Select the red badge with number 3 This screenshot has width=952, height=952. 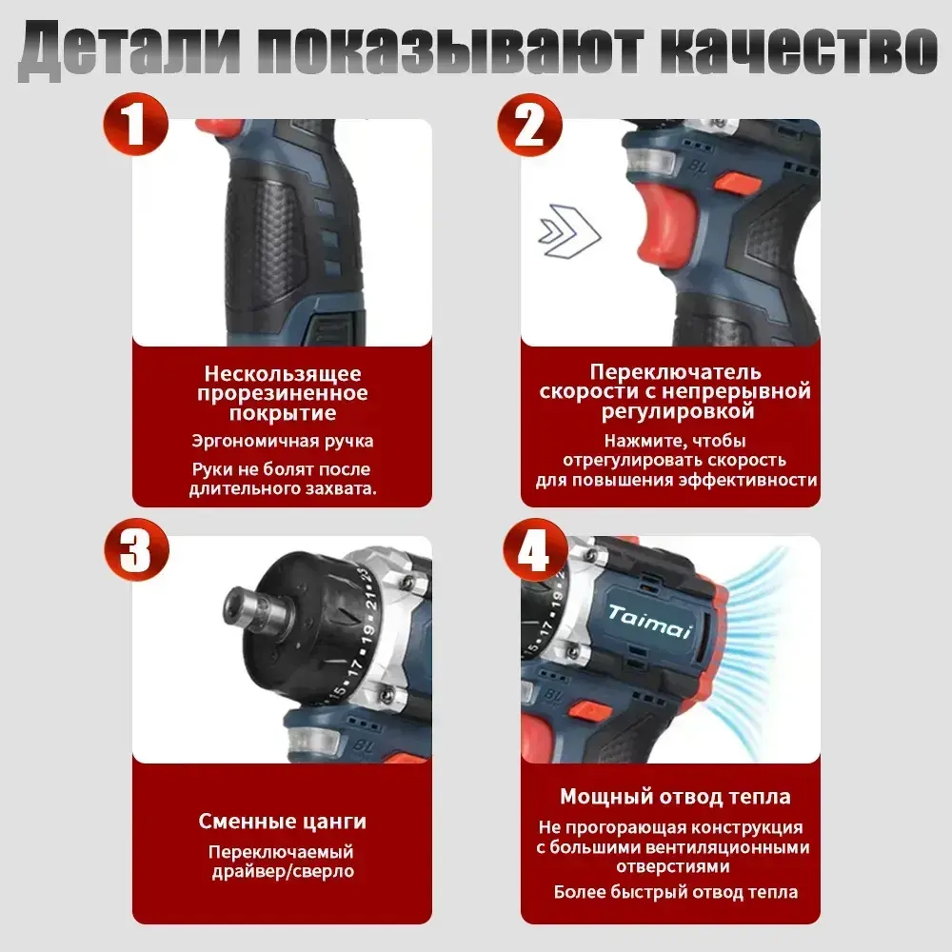pyautogui.click(x=135, y=550)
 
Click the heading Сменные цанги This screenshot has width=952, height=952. pyautogui.click(x=282, y=821)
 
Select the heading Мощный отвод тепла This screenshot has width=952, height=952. pyautogui.click(x=675, y=797)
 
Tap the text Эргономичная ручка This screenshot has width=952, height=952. pyautogui.click(x=282, y=441)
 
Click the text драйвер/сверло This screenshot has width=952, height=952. pyautogui.click(x=282, y=872)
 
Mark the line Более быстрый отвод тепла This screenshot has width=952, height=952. pyautogui.click(x=675, y=892)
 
